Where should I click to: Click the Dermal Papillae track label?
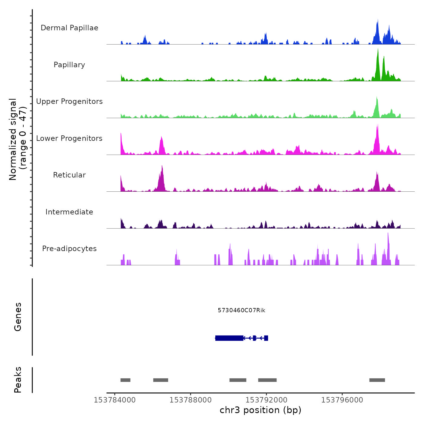pyautogui.click(x=69, y=28)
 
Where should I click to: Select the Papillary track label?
pyautogui.click(x=69, y=65)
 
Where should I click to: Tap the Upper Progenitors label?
pyautogui.click(x=69, y=101)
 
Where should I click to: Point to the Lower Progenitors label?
pyautogui.click(x=69, y=138)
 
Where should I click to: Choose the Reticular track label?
pyautogui.click(x=69, y=175)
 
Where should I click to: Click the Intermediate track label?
pyautogui.click(x=69, y=212)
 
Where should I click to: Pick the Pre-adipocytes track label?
pyautogui.click(x=69, y=249)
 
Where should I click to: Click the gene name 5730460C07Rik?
pyautogui.click(x=241, y=310)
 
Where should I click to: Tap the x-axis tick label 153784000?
pyautogui.click(x=114, y=400)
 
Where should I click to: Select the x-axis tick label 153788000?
pyautogui.click(x=190, y=400)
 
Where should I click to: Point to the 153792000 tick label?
pyautogui.click(x=266, y=400)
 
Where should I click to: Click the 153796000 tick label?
pyautogui.click(x=342, y=400)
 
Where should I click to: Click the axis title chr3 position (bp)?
pyautogui.click(x=260, y=410)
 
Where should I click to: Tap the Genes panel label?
pyautogui.click(x=18, y=317)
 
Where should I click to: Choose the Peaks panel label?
pyautogui.click(x=18, y=380)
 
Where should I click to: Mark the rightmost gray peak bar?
pyautogui.click(x=377, y=380)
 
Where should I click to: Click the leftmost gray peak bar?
pyautogui.click(x=125, y=380)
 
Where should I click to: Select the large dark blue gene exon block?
pyautogui.click(x=229, y=338)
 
